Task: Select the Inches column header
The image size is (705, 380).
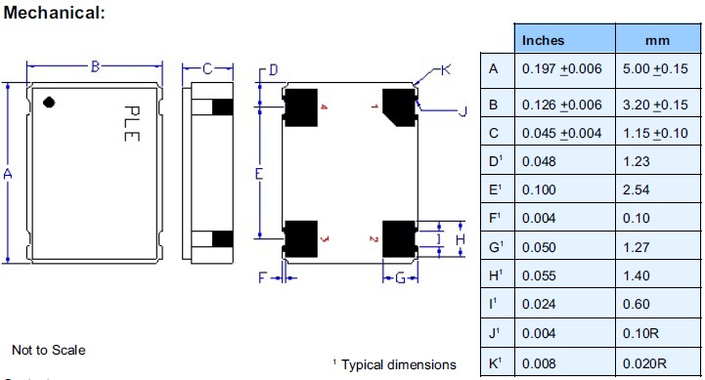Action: (543, 40)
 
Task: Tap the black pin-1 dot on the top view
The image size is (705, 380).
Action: (49, 101)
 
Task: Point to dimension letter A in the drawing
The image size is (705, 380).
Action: (8, 174)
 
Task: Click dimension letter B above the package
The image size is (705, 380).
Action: (96, 66)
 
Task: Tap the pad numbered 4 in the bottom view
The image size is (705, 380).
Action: (303, 106)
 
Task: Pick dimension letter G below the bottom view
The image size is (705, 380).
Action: (399, 278)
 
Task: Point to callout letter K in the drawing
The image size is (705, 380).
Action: (445, 69)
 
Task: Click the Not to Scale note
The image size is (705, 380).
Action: (49, 350)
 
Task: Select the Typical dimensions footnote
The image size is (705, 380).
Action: (394, 363)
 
